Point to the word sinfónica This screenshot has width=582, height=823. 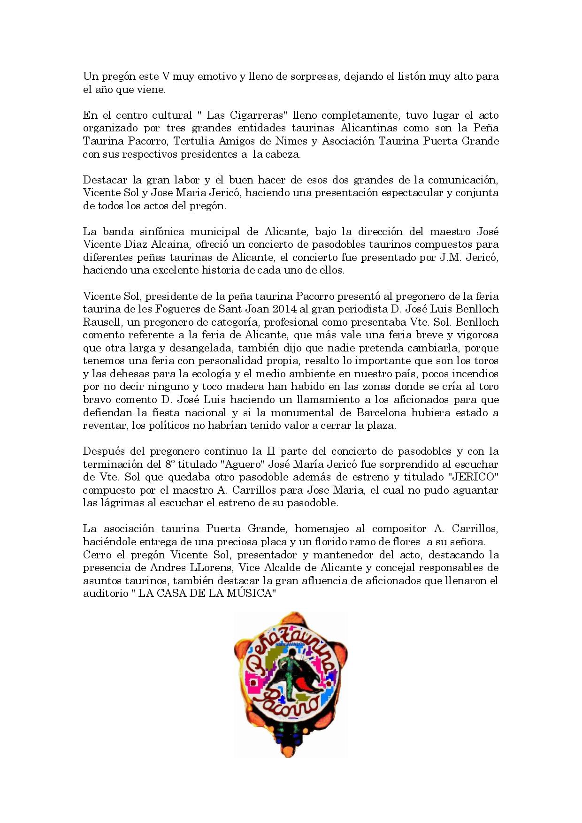(x=162, y=231)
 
